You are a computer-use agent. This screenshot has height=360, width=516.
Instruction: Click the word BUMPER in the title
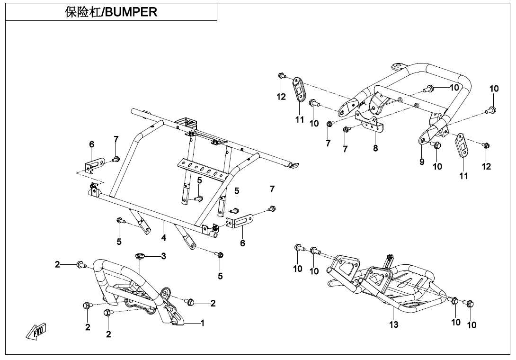pos(131,12)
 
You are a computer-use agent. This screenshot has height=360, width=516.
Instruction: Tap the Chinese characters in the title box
pos(83,12)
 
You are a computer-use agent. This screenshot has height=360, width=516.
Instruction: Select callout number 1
pos(202,323)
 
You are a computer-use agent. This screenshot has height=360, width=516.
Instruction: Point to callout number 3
pos(163,256)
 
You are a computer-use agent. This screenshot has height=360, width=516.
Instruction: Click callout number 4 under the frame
pos(163,236)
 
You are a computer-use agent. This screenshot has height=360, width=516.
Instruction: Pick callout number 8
pos(375,148)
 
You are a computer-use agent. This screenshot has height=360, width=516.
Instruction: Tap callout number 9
pos(422,162)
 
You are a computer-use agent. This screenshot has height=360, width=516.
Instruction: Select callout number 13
pos(394,324)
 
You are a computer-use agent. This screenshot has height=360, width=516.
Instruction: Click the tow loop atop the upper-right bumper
pos(398,66)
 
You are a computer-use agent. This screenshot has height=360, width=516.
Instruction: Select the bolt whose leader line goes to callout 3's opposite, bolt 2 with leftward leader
pos(81,264)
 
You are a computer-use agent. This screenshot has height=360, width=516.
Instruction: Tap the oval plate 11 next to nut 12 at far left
pos(299,88)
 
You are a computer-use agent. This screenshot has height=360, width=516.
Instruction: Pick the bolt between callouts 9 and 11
pos(436,145)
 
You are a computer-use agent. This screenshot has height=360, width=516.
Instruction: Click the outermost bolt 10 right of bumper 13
pos(470,303)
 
